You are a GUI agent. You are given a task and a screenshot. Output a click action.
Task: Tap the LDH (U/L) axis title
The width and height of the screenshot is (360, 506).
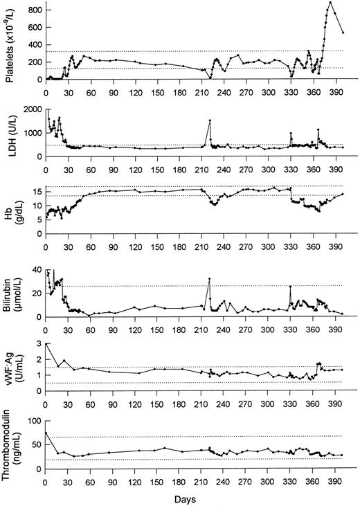9,132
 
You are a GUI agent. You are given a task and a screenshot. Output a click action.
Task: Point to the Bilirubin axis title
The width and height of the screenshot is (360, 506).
9,291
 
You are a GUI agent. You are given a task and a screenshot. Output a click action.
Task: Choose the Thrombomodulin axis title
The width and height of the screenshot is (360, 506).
9,443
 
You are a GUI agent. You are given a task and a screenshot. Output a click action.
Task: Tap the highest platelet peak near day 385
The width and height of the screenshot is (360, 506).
330,3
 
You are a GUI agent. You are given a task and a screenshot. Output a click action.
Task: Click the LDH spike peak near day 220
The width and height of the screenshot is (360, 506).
209,121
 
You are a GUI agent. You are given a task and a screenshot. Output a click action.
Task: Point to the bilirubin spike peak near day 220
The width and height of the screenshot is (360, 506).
209,279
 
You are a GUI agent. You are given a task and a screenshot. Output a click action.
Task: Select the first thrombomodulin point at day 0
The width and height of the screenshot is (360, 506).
45,433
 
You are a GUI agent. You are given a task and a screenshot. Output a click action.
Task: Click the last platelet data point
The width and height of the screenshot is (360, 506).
343,33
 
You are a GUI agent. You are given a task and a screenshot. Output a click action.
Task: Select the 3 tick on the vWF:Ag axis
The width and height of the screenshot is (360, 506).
38,343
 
